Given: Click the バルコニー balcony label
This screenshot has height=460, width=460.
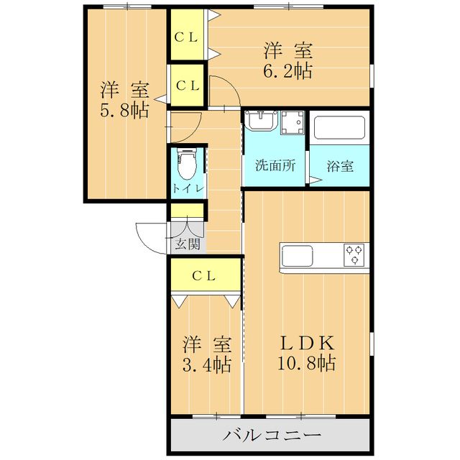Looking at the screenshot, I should pos(270,436).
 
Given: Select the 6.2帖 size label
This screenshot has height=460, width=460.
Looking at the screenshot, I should pos(287,71).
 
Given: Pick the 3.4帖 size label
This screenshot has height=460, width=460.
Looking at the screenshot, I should pos(206,364).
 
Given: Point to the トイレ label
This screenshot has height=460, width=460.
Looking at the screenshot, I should pos(188,188).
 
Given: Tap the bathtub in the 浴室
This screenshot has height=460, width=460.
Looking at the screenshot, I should pos(340,128).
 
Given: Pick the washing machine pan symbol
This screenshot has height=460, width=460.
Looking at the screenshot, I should pos(293,125).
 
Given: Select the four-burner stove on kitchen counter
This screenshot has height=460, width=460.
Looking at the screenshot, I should pos(354,254).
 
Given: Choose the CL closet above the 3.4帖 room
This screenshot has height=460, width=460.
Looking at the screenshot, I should pos(205,275).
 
